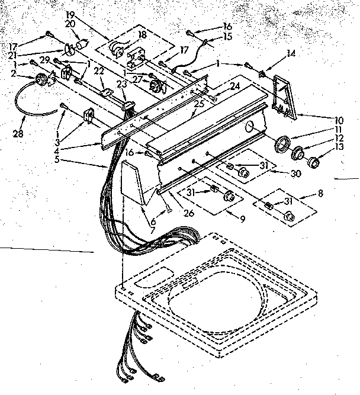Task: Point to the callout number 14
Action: click(x=290, y=54)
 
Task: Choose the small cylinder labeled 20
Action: click(x=82, y=45)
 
